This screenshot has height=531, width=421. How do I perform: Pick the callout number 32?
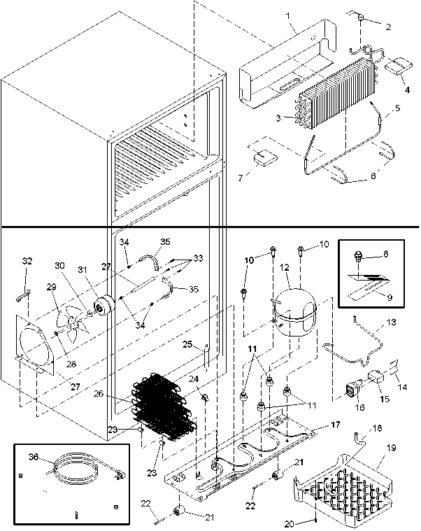pyautogui.click(x=27, y=261)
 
